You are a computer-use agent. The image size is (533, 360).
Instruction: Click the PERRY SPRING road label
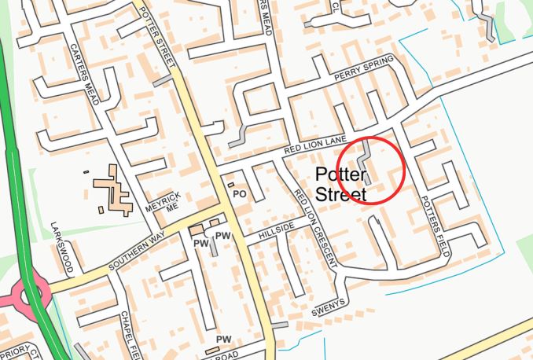pyautogui.click(x=363, y=74)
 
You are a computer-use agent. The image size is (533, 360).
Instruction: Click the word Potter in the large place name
pyautogui.click(x=341, y=175)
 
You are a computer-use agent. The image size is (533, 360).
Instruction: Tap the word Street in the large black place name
pyautogui.click(x=341, y=194)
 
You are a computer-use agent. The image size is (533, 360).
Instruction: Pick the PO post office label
pyautogui.click(x=241, y=193)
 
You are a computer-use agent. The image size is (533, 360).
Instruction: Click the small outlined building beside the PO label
pyautogui.click(x=230, y=186)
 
